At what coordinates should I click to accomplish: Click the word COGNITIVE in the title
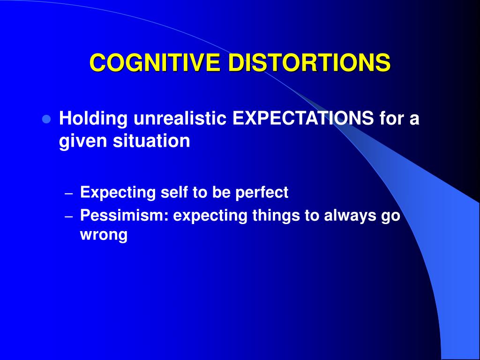coord(155,63)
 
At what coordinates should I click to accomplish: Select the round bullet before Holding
coord(46,119)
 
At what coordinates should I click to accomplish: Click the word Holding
coord(93,119)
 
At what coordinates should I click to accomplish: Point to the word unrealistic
coord(180,118)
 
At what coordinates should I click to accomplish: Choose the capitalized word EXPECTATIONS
coord(303,118)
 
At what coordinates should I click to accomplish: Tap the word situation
coord(151,141)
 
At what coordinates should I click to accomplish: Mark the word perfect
coord(262,193)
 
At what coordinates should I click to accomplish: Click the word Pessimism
coord(124,215)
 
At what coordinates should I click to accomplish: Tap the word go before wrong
coord(390,217)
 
